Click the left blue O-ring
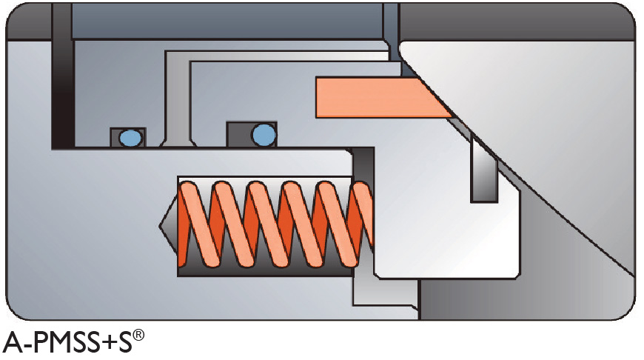click(x=131, y=138)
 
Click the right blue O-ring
click(x=264, y=134)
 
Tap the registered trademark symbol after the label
click(x=138, y=336)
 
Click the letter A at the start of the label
click(x=13, y=342)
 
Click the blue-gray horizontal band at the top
click(x=227, y=21)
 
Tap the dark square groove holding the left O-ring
click(x=128, y=137)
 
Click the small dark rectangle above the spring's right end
click(x=363, y=164)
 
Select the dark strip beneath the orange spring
click(x=265, y=270)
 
